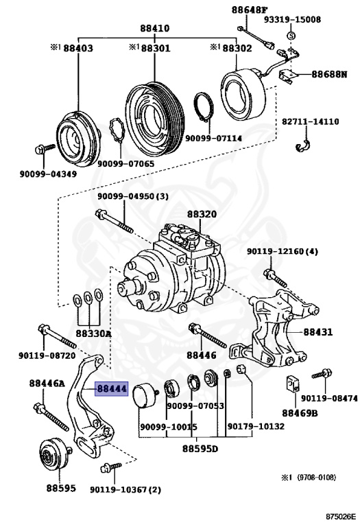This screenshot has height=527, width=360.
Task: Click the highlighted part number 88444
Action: coord(112,389)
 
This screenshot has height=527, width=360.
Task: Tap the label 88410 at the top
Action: coord(155,28)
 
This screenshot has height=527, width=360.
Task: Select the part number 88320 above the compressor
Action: coord(202,214)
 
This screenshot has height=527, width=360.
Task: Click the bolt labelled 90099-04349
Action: coord(45,148)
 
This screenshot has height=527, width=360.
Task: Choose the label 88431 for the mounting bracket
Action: coord(318,332)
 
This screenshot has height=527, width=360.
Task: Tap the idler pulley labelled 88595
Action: coord(55,454)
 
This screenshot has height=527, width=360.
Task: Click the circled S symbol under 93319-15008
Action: coord(291,35)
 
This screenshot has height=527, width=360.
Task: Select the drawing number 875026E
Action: coord(340,516)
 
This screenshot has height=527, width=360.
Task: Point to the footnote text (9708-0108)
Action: coord(316,478)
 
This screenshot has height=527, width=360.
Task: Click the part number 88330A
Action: coord(93,333)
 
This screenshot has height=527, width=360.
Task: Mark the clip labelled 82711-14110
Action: coord(304,145)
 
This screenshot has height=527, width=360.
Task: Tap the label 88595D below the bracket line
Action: coord(200,449)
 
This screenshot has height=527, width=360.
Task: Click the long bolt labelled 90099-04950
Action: coord(115,222)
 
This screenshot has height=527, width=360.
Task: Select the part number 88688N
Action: coord(329,74)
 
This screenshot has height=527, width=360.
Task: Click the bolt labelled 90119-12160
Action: coord(276,278)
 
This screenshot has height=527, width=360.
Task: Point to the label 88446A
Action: coord(47,383)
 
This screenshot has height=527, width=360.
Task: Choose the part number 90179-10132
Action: coord(256,426)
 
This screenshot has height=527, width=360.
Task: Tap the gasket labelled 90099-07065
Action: coord(117,130)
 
